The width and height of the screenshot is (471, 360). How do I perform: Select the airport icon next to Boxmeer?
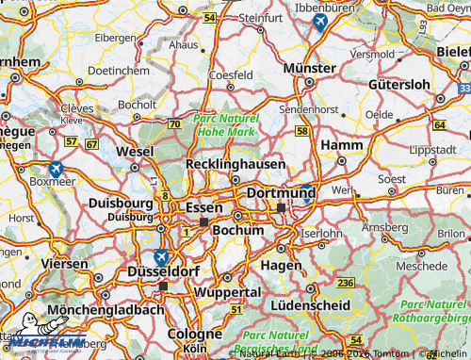point(57,169)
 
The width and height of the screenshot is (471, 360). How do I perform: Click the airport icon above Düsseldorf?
point(161,257)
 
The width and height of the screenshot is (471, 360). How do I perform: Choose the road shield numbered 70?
point(173,124)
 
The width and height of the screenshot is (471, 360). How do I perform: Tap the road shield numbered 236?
point(346,284)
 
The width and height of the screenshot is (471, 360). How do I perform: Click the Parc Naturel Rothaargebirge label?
point(434,311)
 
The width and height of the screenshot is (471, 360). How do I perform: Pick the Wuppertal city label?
point(226,292)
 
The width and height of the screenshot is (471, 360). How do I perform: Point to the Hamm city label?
point(341,145)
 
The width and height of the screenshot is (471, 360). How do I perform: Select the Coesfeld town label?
point(232,74)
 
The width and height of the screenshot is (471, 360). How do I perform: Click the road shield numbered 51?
point(235,310)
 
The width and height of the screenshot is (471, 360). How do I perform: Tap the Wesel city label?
point(134,152)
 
